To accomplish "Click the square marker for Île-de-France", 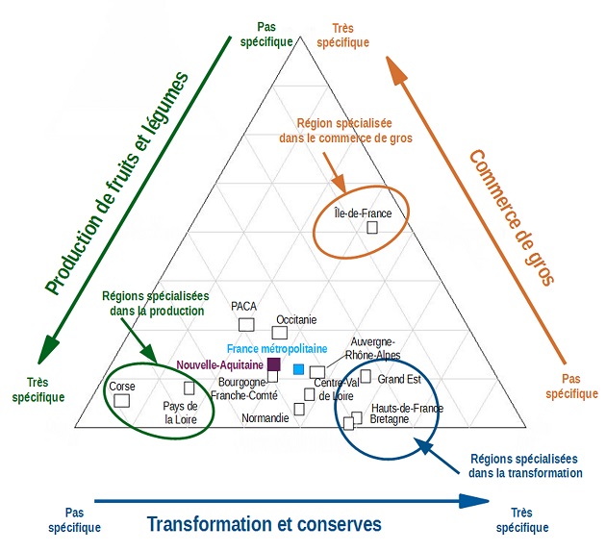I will (372, 227).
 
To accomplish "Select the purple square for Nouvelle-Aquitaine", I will (273, 364).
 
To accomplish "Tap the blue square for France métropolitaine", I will (298, 370).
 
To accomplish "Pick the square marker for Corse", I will (122, 401).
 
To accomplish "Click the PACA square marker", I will (246, 324).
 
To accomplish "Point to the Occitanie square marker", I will (280, 333).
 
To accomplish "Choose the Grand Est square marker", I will (366, 376).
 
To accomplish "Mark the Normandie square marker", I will (299, 409).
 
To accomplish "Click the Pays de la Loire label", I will (181, 413).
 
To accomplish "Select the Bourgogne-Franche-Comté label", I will (244, 388).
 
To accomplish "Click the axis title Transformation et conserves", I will (264, 524).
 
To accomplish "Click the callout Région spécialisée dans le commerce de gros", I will (353, 131).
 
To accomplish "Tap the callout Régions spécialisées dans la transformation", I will (525, 466).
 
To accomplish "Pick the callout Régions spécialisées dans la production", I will (154, 304).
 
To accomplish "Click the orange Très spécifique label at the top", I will (342, 36).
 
